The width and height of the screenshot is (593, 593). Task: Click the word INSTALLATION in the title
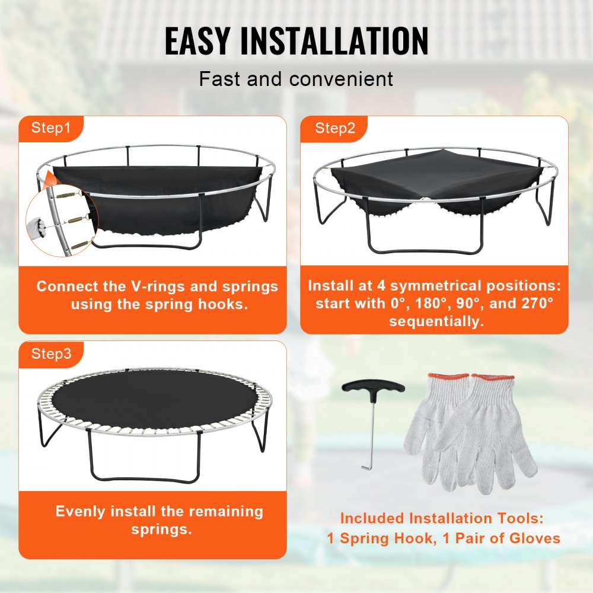click(337, 41)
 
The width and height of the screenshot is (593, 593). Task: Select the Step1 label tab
click(51, 127)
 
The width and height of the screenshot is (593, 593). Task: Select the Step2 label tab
click(335, 127)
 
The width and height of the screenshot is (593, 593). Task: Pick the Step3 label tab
click(51, 354)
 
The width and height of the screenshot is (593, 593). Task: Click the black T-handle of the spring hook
click(373, 388)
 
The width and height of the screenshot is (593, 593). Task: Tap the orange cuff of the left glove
click(448, 378)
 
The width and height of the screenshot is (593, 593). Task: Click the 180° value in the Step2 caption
click(424, 304)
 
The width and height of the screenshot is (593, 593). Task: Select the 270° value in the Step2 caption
click(533, 304)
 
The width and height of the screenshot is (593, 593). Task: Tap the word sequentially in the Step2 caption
click(436, 321)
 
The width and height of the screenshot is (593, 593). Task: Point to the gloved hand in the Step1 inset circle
click(37, 225)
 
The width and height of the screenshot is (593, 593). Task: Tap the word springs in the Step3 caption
click(161, 529)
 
